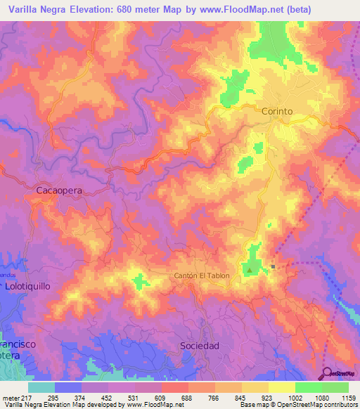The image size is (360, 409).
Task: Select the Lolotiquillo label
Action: (x=29, y=287)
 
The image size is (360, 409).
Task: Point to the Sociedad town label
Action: (x=200, y=346)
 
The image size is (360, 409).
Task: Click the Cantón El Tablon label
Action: (x=202, y=275)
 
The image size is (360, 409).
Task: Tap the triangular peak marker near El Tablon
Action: (x=249, y=268)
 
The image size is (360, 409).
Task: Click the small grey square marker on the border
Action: (x=274, y=266)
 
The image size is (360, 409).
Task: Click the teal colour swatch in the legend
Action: (x=41, y=387)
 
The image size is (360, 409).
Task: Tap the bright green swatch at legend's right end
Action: (x=335, y=387)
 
